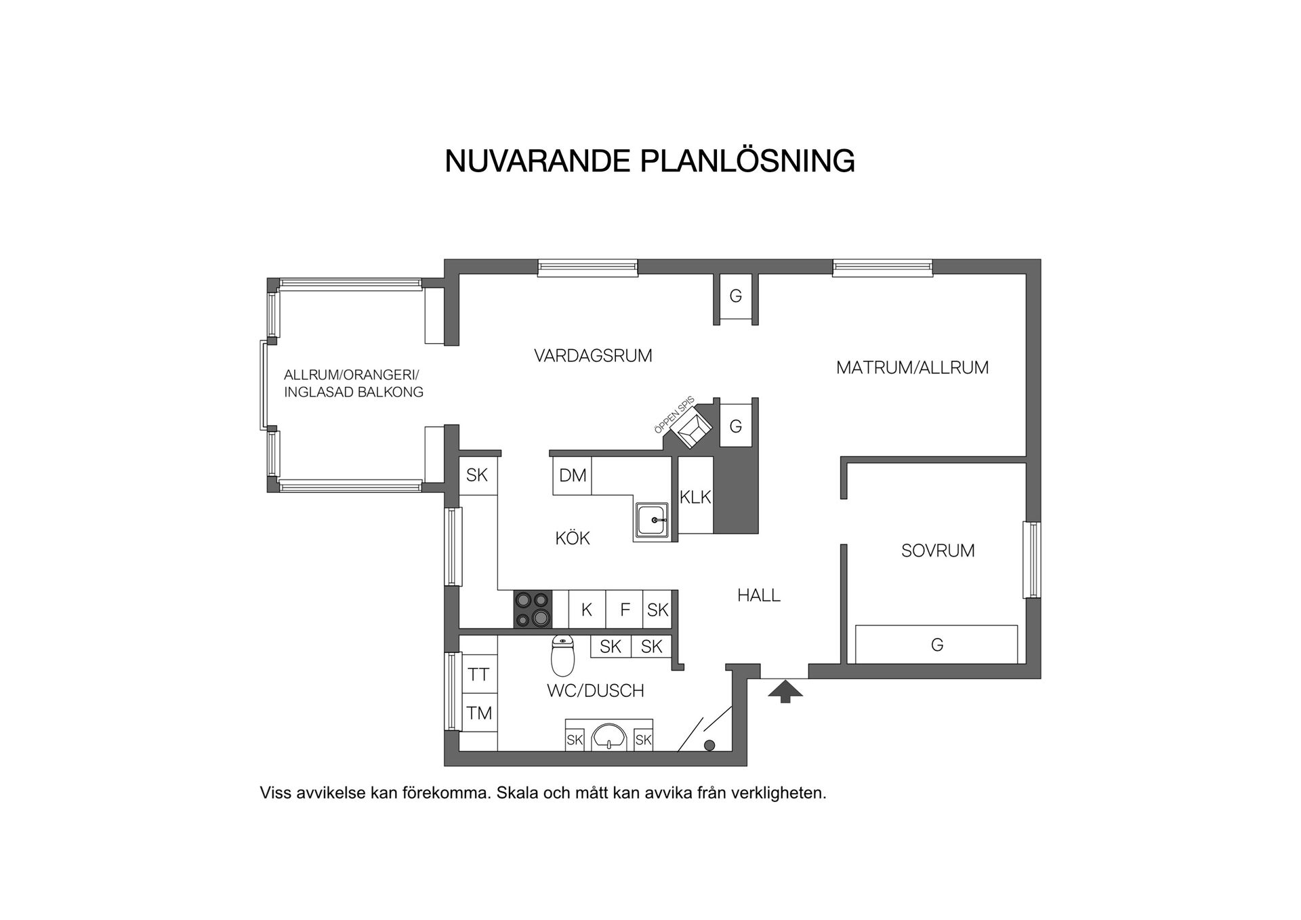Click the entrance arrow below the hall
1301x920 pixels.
(785, 692)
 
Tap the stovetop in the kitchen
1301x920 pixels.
(532, 609)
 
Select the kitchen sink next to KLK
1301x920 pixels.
(653, 521)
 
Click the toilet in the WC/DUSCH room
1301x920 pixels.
(562, 656)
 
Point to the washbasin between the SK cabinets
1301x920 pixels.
(609, 737)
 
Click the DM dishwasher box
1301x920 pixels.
(573, 475)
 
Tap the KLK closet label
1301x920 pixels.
(696, 497)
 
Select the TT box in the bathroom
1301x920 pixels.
(479, 674)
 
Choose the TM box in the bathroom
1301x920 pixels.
(479, 713)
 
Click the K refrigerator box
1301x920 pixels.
(587, 609)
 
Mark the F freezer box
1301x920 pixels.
(625, 609)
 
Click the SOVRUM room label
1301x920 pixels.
(938, 551)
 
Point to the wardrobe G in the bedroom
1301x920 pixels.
(936, 644)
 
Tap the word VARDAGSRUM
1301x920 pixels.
(593, 356)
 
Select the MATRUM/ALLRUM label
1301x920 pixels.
(913, 367)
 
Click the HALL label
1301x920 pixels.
(759, 595)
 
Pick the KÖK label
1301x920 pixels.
(573, 538)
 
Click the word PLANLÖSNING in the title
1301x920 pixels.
(747, 161)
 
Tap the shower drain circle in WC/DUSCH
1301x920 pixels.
(709, 745)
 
